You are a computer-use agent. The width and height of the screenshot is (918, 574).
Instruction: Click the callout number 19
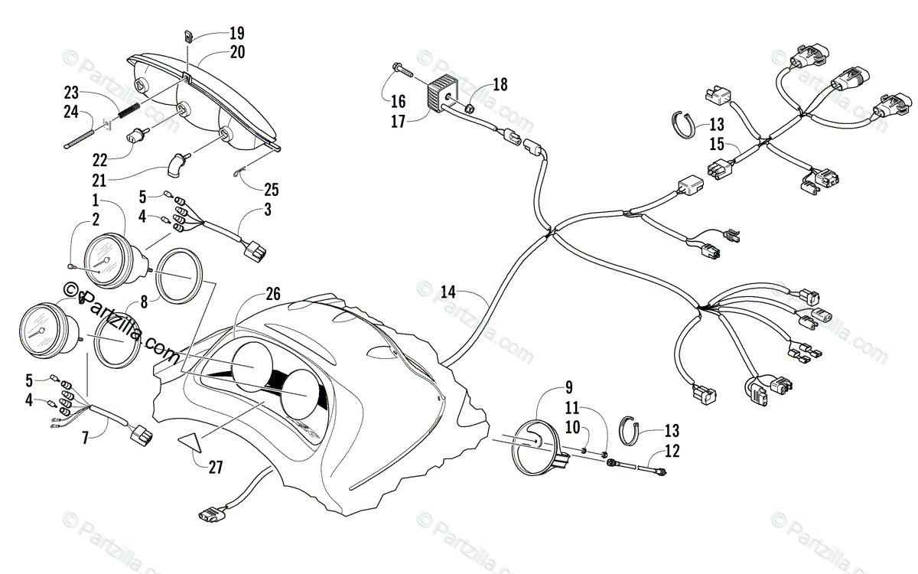point(236,33)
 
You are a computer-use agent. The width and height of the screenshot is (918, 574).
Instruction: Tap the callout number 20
point(236,53)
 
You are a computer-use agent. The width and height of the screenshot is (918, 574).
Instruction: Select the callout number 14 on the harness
point(448,291)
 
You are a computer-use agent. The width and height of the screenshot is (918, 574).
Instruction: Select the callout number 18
point(500,84)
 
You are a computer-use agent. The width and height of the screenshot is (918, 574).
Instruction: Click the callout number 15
point(716,145)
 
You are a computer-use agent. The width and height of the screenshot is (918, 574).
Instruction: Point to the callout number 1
point(96,201)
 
